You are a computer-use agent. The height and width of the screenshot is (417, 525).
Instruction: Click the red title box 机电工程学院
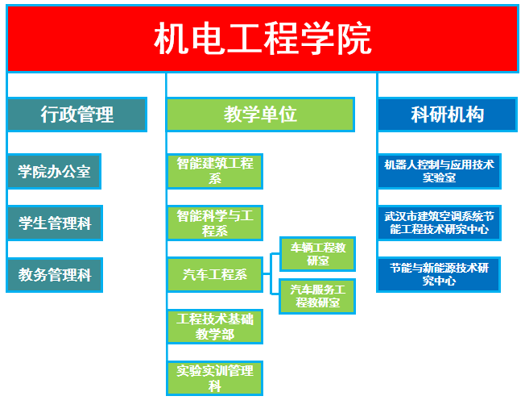coord(262,38)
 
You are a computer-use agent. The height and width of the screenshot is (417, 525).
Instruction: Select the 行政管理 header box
coord(77,115)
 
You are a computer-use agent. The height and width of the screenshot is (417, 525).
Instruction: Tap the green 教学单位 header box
coord(260,115)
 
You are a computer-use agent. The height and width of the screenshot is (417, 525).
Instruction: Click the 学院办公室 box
coord(54,172)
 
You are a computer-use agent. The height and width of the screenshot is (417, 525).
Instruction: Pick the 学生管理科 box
coord(54,223)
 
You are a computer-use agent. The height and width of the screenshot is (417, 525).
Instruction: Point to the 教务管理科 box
coord(54,275)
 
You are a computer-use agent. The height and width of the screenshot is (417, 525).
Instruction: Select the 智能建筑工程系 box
coord(215,171)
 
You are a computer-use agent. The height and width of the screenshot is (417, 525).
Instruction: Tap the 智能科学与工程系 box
coord(215,223)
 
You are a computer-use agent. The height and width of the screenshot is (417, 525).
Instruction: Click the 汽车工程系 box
coord(215,275)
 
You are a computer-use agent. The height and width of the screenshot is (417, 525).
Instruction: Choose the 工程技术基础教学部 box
coord(215,326)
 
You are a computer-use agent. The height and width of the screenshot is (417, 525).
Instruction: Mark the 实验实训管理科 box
coord(215,378)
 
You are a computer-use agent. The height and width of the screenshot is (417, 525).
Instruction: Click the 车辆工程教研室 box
coord(317,254)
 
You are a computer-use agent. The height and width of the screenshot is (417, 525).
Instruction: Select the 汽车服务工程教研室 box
coord(317,296)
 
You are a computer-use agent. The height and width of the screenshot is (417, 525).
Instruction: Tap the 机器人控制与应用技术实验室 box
coord(439,171)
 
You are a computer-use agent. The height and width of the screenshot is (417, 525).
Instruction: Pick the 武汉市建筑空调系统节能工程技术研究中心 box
coord(439,223)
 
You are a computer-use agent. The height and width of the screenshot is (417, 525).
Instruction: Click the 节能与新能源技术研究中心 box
coord(439,274)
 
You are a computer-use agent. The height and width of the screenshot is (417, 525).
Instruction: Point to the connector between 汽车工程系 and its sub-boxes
coord(271,275)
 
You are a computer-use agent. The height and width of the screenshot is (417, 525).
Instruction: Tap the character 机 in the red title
coord(172,39)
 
